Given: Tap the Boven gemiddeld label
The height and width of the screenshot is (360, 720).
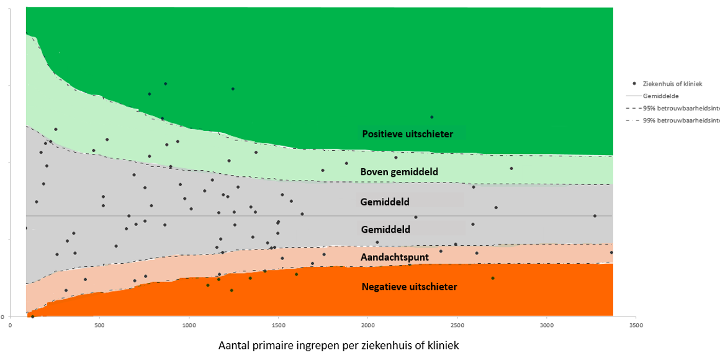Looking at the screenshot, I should [399, 172].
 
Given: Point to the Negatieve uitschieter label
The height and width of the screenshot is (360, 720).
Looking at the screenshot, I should [409, 287].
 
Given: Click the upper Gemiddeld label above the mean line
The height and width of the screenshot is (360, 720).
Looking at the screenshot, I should [385, 202].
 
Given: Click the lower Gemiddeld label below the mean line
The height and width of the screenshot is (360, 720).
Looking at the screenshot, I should [385, 230].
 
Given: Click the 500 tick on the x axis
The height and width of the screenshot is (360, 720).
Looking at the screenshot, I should [99, 325].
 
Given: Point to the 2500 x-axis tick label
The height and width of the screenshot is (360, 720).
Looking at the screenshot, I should [457, 325].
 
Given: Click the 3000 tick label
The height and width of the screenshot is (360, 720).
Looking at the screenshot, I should [547, 325].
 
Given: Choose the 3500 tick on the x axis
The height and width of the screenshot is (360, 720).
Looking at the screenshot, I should [636, 325].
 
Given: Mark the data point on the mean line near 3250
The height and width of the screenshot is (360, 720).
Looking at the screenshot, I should [595, 216].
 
